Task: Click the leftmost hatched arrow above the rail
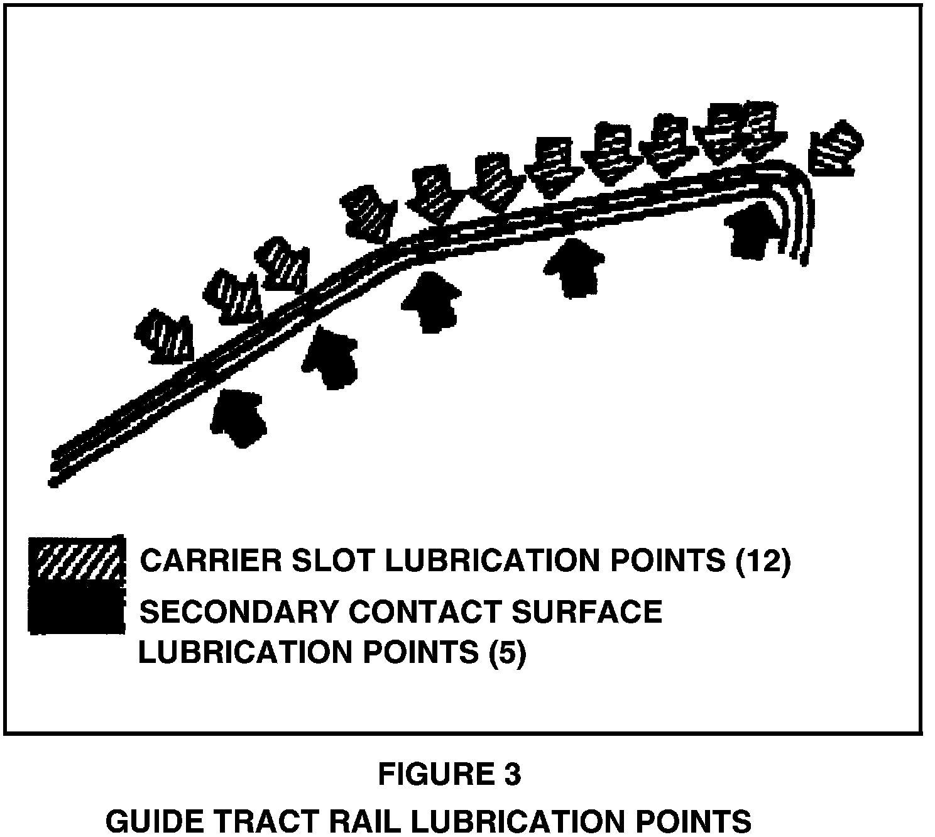164,337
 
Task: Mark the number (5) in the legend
506,652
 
